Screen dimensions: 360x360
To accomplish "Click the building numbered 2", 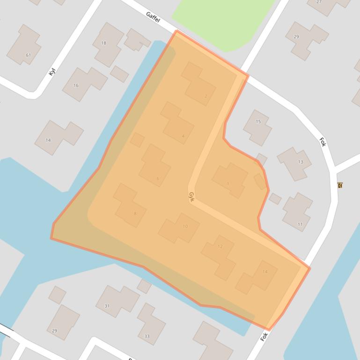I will (199, 84).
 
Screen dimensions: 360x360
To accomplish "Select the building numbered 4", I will (177, 122).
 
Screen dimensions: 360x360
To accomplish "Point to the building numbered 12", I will (219, 255).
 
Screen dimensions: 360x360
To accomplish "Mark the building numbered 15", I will (257, 127).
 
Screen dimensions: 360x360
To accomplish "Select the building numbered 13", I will (294, 163).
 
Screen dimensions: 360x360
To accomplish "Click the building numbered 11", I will (297, 212).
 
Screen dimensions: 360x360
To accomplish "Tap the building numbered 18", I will (107, 44).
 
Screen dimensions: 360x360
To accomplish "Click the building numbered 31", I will (117, 301).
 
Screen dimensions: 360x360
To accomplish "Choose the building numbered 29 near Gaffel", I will (307, 40).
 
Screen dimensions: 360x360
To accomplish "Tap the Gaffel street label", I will (153, 17).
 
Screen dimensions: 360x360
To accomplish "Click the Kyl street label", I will (52, 71).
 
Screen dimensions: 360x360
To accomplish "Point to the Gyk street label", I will (191, 197).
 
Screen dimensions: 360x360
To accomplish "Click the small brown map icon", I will (340, 185).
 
